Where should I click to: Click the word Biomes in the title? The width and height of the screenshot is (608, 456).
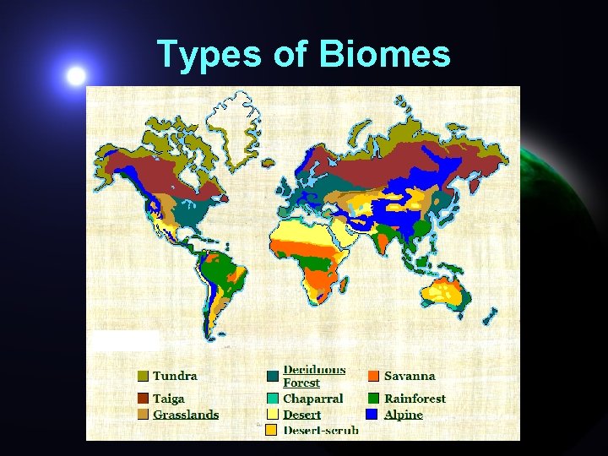pyautogui.click(x=385, y=55)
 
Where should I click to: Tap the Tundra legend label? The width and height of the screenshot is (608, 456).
pyautogui.click(x=175, y=377)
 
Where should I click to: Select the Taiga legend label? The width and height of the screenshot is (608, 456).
pyautogui.click(x=169, y=399)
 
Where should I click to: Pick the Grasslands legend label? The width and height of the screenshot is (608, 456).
pyautogui.click(x=186, y=415)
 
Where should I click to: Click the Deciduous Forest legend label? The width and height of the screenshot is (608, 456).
pyautogui.click(x=314, y=376)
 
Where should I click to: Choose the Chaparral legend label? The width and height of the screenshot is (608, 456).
pyautogui.click(x=313, y=399)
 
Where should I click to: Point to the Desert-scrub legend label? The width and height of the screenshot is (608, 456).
pyautogui.click(x=321, y=431)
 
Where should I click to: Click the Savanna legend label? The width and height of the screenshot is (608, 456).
pyautogui.click(x=410, y=377)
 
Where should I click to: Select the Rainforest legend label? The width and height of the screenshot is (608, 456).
pyautogui.click(x=415, y=399)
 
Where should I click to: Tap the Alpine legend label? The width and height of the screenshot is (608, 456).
pyautogui.click(x=404, y=415)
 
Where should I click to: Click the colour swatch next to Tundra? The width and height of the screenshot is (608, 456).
pyautogui.click(x=143, y=377)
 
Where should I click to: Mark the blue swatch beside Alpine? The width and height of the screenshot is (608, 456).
pyautogui.click(x=372, y=415)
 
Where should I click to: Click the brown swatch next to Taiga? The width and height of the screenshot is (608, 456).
pyautogui.click(x=143, y=399)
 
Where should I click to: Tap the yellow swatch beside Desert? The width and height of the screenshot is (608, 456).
pyautogui.click(x=272, y=415)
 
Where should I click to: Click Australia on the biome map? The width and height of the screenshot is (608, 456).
pyautogui.click(x=443, y=292)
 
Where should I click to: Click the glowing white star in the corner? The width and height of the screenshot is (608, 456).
pyautogui.click(x=77, y=76)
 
